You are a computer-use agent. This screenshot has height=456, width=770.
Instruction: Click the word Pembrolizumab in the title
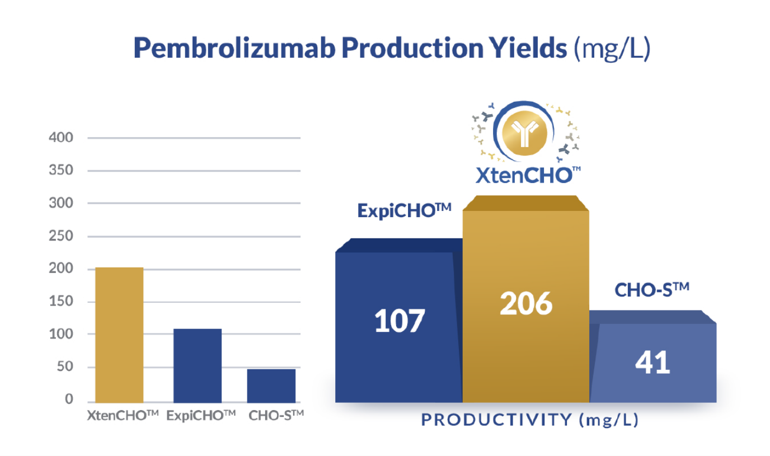(x=234, y=49)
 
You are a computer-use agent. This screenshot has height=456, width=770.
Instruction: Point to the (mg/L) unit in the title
(x=612, y=49)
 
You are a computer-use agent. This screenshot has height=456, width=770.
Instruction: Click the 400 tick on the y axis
(x=61, y=138)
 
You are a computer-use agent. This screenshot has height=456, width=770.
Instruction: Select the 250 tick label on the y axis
(x=61, y=236)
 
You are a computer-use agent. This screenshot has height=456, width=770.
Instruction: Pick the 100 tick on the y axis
(x=61, y=334)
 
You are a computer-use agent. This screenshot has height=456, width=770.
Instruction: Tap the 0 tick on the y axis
(x=69, y=399)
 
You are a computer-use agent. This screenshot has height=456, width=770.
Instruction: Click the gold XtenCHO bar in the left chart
(x=119, y=335)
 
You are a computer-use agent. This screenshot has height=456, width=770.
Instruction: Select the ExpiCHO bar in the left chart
(x=198, y=365)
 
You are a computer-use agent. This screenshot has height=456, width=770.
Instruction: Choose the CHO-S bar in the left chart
(x=271, y=386)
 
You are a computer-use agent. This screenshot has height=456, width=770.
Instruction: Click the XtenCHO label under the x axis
(x=123, y=416)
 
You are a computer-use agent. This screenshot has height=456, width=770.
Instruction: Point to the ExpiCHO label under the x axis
(x=201, y=416)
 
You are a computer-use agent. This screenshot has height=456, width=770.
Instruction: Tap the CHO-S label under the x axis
(x=276, y=416)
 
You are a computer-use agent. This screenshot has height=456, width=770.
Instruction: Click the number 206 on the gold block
(x=526, y=303)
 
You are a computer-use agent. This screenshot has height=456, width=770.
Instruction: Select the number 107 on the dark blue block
(x=400, y=321)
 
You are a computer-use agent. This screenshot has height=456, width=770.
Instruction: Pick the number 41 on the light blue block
(x=652, y=363)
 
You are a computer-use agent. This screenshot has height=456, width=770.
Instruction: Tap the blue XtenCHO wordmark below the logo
(x=528, y=175)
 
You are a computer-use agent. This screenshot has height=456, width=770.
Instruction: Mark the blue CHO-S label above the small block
(x=652, y=290)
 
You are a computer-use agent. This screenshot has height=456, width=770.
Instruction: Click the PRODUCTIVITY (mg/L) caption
(x=530, y=420)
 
